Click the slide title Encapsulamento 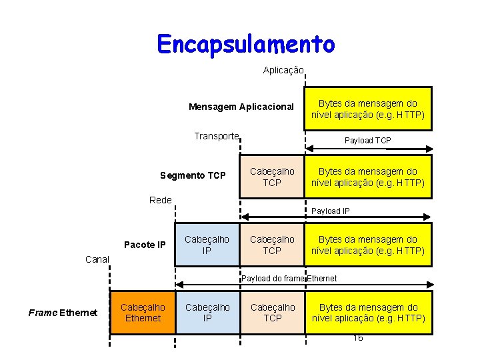coord(246,44)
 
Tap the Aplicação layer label coord(283,70)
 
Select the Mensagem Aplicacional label coord(241,107)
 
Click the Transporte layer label coord(216,136)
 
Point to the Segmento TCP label coord(193,176)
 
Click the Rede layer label coord(160,200)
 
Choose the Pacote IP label coord(145,245)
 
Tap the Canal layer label coord(97,259)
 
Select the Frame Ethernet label coord(63,313)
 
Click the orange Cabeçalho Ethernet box coord(143,313)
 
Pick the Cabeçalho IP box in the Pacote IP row coord(207,245)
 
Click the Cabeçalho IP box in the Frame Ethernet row coord(207,313)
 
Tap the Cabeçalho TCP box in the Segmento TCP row coord(272,177)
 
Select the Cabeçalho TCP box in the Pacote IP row coord(272,245)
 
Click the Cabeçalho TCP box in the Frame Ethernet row coord(272,313)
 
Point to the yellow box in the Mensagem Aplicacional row coord(368,109)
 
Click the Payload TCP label coord(367,141)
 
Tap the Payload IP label coord(331,211)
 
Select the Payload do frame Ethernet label coord(289,278)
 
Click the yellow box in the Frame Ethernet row coord(368,313)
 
